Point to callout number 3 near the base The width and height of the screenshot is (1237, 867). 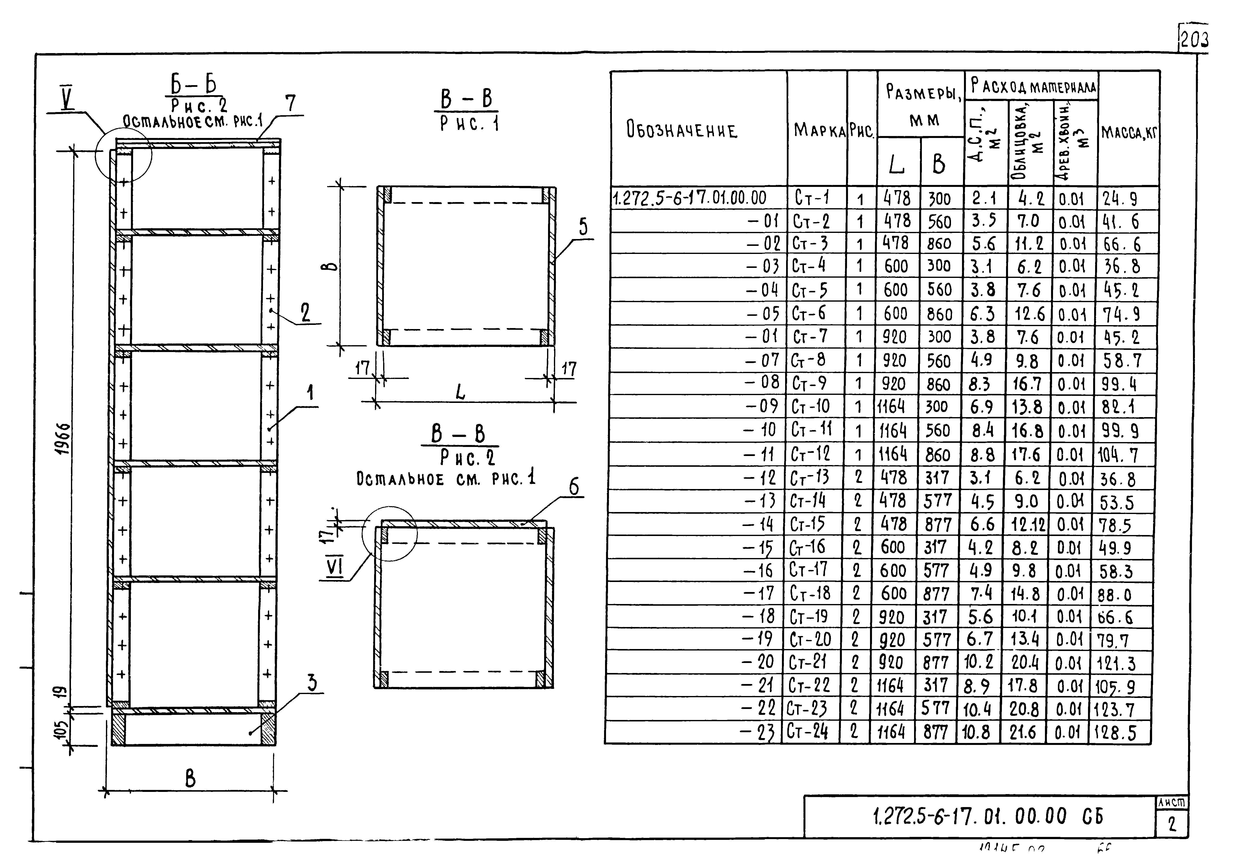point(312,683)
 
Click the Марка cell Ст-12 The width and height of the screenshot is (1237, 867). point(811,454)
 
